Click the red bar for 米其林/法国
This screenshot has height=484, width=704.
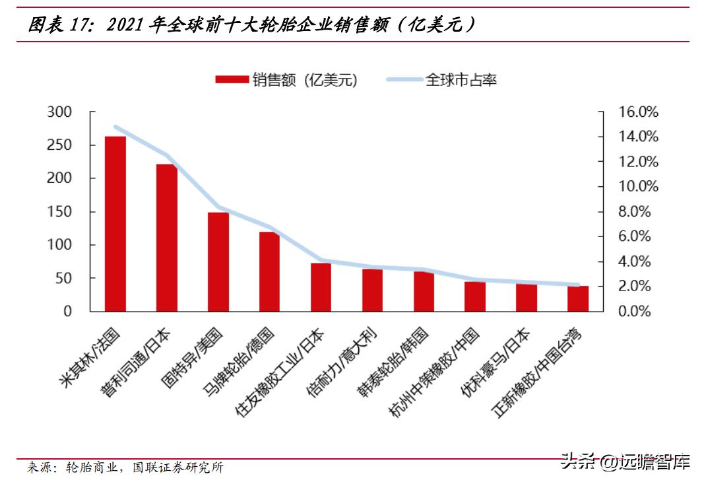115,224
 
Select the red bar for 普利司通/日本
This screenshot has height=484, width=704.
166,238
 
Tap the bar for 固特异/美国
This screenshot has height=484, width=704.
218,261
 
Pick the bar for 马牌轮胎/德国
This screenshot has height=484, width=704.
269,271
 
